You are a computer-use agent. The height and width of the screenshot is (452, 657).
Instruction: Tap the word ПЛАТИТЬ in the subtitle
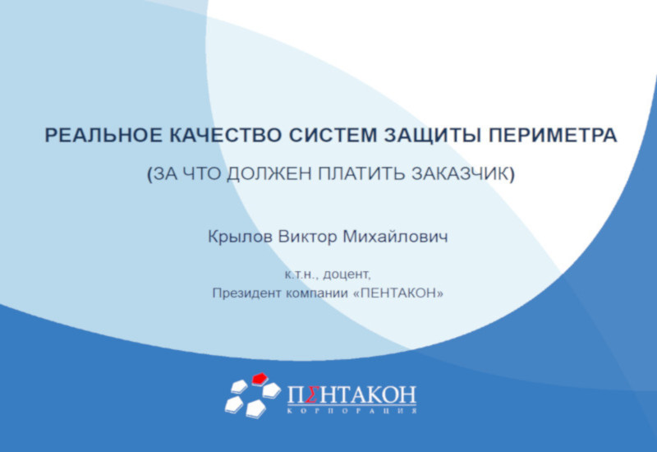click(361, 173)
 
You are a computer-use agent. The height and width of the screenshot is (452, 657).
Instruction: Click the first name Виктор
click(307, 237)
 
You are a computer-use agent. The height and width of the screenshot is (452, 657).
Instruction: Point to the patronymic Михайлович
click(396, 237)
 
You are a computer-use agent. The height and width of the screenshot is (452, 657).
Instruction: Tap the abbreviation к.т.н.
click(302, 275)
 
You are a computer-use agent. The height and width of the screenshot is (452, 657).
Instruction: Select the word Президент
click(247, 293)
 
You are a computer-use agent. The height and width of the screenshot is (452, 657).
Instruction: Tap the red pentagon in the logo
click(260, 378)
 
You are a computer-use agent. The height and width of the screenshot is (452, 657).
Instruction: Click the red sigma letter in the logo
click(310, 394)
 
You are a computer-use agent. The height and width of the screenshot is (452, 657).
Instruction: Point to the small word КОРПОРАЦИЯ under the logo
click(352, 411)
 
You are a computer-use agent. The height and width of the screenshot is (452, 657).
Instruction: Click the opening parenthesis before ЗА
click(149, 174)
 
